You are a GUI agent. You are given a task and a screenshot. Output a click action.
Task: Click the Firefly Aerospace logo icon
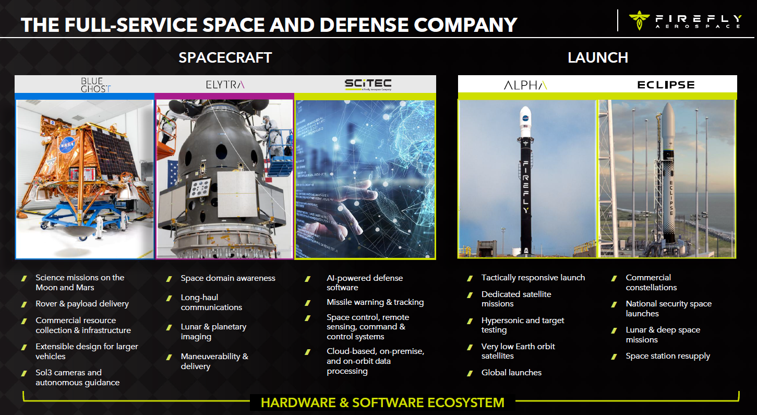[x=639, y=20]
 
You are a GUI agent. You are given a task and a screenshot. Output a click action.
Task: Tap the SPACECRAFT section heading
[x=225, y=57]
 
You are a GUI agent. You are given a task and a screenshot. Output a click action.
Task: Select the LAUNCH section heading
[x=598, y=57]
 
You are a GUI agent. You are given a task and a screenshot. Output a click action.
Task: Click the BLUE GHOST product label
[x=95, y=85]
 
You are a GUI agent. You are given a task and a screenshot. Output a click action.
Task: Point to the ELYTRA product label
[x=225, y=85]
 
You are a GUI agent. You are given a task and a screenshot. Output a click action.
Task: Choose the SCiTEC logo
[x=368, y=84]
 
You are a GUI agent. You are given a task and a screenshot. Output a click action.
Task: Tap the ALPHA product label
[x=525, y=85]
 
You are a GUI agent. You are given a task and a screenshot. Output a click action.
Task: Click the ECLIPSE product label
[x=666, y=85]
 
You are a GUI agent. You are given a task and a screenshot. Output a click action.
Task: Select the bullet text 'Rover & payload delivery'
[x=82, y=304]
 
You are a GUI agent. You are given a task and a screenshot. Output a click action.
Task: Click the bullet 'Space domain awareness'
[x=228, y=278]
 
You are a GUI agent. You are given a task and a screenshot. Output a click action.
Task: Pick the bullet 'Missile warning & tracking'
[x=375, y=302]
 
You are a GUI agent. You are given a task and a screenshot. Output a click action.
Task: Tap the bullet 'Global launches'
[x=511, y=372]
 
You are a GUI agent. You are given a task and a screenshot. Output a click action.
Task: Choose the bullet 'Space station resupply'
[x=668, y=356]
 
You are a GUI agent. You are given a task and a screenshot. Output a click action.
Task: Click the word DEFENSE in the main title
[x=364, y=25]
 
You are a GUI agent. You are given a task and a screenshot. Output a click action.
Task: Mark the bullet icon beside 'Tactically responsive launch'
[x=470, y=278]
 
